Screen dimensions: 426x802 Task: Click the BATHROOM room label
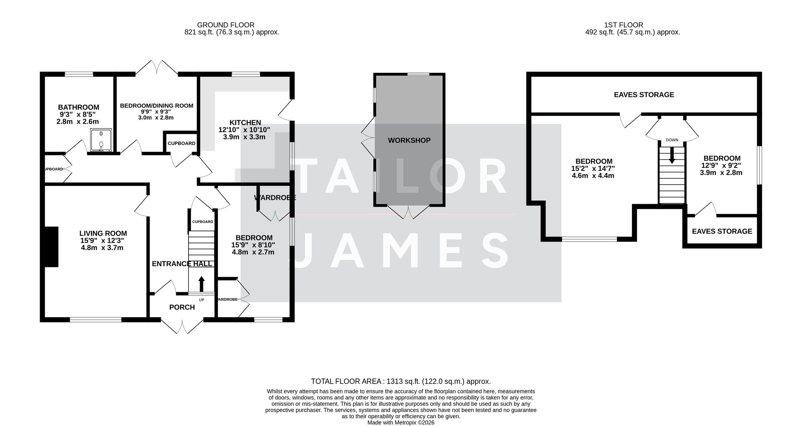click(x=79, y=107)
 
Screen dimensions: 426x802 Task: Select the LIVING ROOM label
click(x=103, y=233)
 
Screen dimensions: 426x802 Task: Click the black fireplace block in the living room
click(x=51, y=247)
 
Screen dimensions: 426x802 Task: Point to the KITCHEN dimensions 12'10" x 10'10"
click(x=244, y=130)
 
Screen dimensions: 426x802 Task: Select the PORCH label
click(x=182, y=307)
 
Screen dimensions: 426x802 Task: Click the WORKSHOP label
click(x=409, y=141)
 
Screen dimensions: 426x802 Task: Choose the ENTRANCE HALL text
click(x=182, y=264)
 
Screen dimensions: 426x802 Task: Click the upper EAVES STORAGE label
click(x=644, y=95)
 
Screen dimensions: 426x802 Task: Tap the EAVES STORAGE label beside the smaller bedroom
click(x=722, y=231)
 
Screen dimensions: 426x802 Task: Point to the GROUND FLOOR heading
click(x=226, y=25)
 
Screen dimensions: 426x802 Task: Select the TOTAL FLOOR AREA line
click(x=401, y=382)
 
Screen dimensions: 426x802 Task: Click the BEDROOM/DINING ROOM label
click(x=157, y=106)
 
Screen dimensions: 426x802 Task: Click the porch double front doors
click(x=182, y=326)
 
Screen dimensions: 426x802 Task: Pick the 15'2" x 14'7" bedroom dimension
click(x=593, y=169)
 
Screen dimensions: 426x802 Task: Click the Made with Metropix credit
click(x=401, y=422)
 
